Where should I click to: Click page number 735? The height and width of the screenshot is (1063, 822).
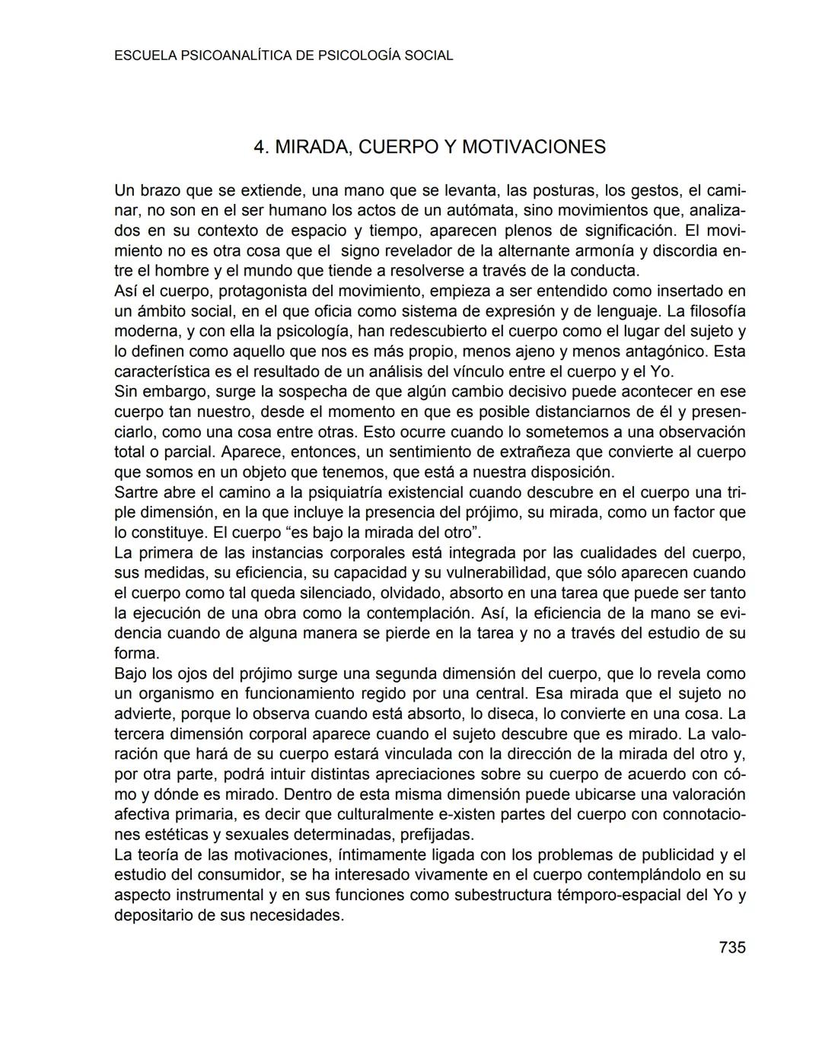click(731, 947)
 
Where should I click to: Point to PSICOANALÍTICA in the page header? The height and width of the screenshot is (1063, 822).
click(235, 56)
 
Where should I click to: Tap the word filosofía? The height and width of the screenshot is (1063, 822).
click(716, 311)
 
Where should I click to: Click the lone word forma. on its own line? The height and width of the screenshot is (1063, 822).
click(137, 654)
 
